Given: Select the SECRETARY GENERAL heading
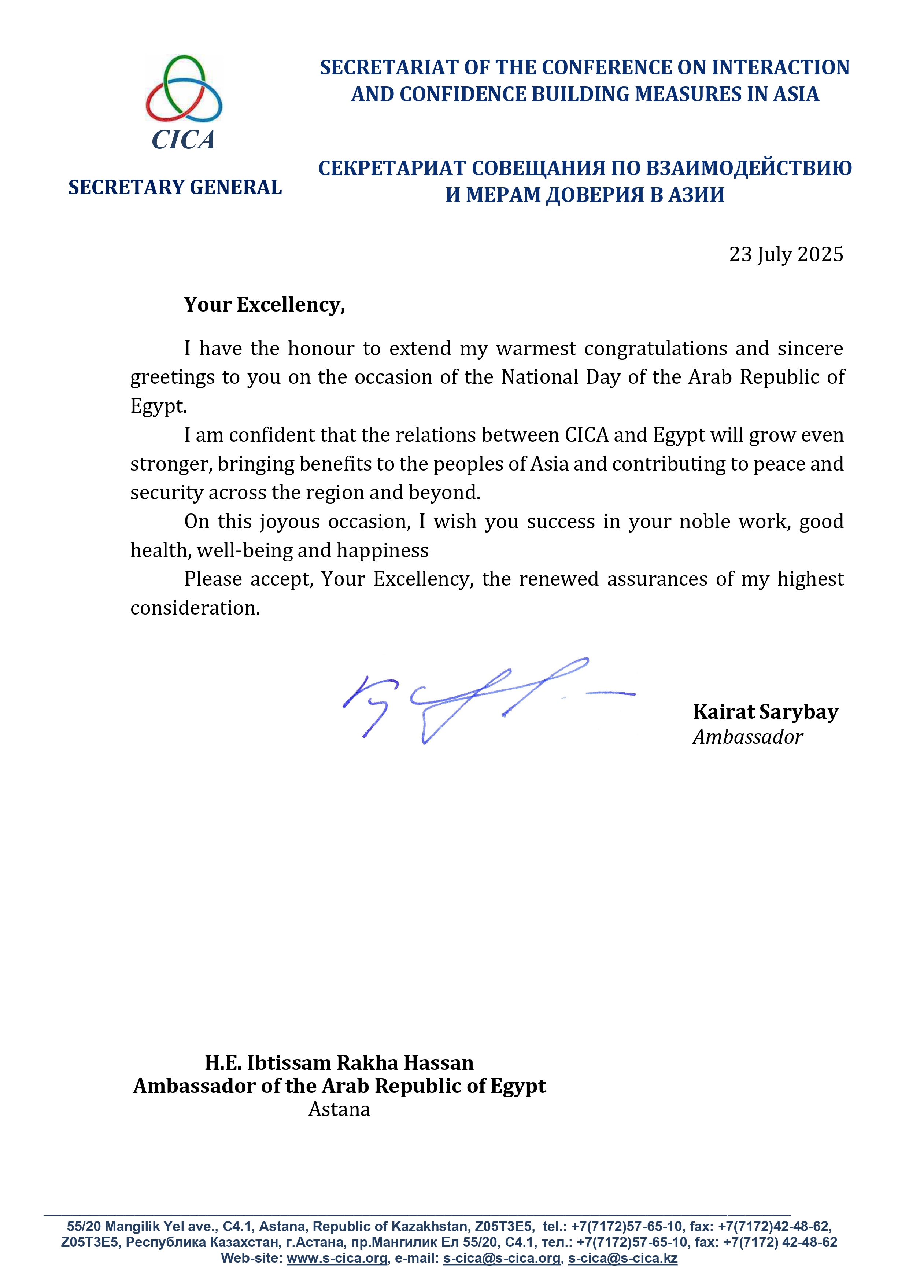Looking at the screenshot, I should (175, 188).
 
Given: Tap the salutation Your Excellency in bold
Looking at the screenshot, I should (265, 305).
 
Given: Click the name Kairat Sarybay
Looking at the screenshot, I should (765, 712).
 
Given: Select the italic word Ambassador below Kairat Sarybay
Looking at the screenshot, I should (748, 737).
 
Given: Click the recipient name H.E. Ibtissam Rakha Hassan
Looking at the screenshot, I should (339, 1062).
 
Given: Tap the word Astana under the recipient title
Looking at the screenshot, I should (339, 1109).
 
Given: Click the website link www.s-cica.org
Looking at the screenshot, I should (337, 1258).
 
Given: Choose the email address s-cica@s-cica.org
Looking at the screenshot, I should (502, 1258).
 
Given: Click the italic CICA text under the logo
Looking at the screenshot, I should (183, 140).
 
